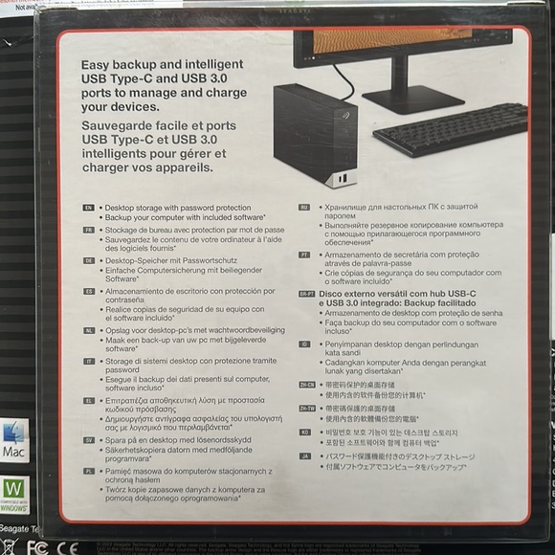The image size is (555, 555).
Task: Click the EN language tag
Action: [88, 207]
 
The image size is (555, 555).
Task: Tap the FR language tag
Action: [88, 231]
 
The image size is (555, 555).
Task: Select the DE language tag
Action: [88, 260]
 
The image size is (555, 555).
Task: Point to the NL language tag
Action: [88, 329]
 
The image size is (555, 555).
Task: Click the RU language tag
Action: [304, 207]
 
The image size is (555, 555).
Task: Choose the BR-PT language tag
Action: [306, 295]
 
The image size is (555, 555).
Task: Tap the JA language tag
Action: [304, 457]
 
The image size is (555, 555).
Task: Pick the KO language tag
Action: [304, 433]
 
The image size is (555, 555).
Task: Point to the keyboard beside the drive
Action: [450, 129]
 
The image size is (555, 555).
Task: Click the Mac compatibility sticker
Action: [14, 440]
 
